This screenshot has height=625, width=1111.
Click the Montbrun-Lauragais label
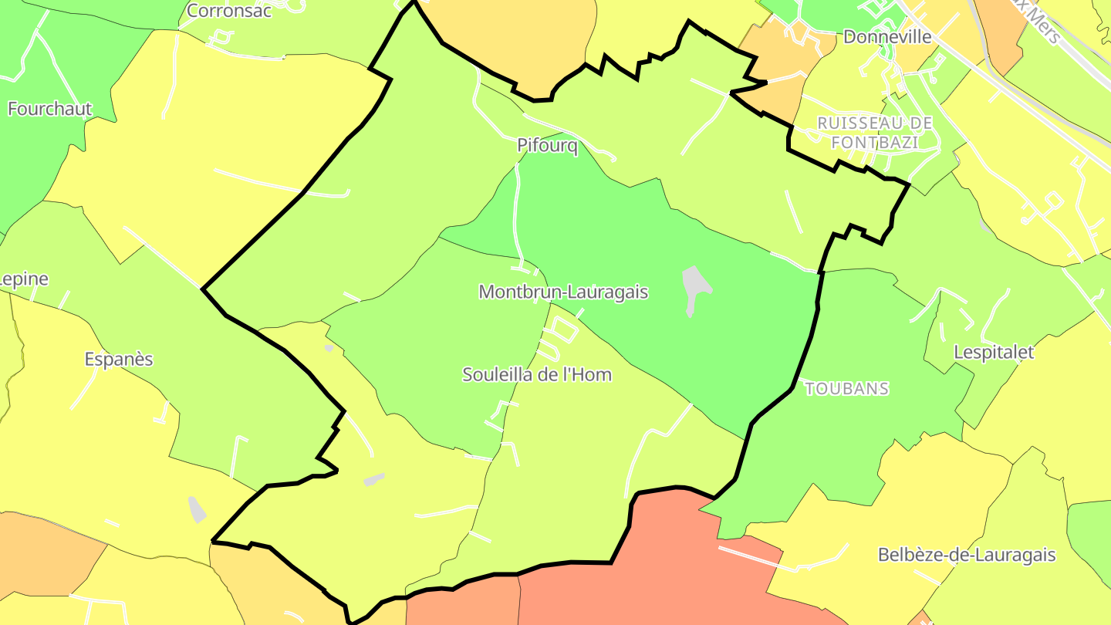tap(563, 292)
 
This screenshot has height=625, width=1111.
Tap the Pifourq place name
tap(547, 146)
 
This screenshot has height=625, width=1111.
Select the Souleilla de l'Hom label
tap(537, 375)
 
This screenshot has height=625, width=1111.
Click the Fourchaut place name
tap(49, 109)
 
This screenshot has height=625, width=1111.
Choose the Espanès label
tap(119, 360)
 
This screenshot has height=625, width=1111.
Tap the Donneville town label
tap(887, 37)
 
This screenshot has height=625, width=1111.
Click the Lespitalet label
tap(994, 352)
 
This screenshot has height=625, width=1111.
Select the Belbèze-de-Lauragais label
tap(967, 555)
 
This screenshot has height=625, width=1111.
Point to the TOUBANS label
tap(847, 389)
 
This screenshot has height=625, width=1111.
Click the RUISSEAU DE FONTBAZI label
tap(875, 133)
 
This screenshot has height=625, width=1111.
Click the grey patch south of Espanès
tap(198, 509)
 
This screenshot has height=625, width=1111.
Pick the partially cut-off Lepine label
tap(24, 279)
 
